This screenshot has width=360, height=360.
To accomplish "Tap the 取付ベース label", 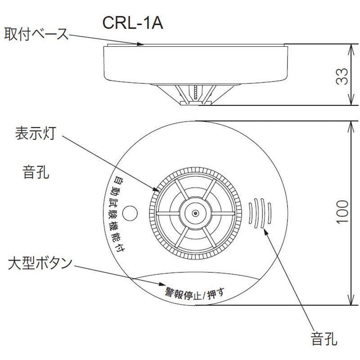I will (x=36, y=34).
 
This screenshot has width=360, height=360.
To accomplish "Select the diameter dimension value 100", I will (x=343, y=212).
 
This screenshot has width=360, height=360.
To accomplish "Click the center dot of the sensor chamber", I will (x=195, y=213).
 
